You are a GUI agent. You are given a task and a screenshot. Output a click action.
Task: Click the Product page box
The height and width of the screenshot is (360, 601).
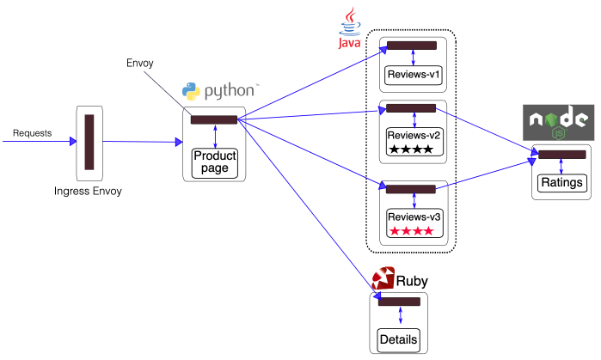214,162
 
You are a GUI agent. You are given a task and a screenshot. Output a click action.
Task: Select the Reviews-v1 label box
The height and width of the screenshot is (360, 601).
414,76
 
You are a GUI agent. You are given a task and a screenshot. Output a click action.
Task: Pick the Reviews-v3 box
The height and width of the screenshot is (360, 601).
414,222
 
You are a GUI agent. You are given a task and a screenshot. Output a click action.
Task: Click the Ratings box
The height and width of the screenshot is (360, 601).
562,182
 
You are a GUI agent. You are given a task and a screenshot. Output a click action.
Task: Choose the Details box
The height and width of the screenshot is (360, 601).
399,339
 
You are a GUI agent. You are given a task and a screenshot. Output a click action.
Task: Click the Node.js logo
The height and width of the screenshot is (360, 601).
559,123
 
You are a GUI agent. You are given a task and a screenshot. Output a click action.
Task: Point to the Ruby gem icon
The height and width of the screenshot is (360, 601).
383,279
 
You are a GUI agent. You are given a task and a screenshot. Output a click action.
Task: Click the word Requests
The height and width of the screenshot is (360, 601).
32,133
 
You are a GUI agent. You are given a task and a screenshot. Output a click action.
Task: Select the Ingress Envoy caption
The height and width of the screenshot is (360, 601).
88,191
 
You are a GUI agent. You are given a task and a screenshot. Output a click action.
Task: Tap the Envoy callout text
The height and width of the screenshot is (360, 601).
140,64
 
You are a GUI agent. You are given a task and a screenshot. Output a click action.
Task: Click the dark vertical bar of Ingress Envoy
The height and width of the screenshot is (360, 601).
89,143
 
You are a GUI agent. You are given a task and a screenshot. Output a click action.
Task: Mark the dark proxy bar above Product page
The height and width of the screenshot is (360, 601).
214,119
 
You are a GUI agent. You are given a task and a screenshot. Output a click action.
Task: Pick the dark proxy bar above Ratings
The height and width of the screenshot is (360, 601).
562,155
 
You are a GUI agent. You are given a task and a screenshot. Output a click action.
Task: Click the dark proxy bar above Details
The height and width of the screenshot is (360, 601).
399,302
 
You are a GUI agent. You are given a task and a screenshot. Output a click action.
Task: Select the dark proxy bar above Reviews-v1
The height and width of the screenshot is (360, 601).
412,45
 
